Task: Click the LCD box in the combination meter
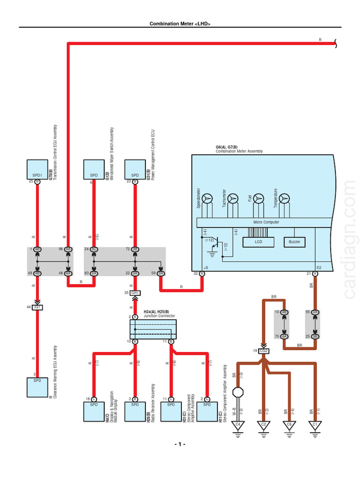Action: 258,242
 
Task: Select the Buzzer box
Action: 294,242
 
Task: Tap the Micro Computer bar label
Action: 266,222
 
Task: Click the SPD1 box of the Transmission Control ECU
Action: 37,169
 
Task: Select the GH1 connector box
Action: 135,293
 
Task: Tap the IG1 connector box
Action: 37,307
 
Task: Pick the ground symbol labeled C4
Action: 238,425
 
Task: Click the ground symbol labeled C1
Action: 315,425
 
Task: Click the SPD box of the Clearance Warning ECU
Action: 37,387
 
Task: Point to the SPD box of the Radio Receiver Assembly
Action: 135,411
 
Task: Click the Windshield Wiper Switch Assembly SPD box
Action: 94,169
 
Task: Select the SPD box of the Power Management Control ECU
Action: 135,169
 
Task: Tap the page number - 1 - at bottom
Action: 180,444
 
